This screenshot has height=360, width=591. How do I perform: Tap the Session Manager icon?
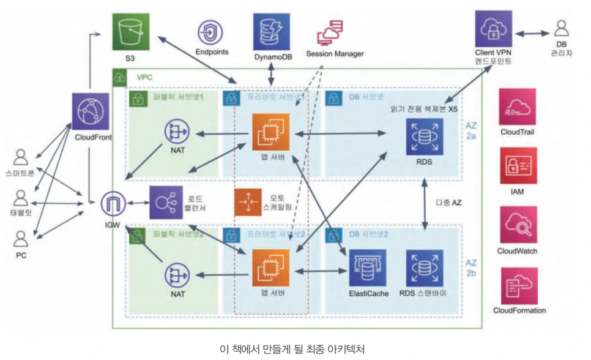point(331,31)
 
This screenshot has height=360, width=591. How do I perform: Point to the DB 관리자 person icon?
point(561,28)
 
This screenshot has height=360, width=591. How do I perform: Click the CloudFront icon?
point(91,111)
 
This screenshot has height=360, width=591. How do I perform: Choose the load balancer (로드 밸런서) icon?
point(166,202)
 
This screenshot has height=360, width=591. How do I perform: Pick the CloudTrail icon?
point(518,107)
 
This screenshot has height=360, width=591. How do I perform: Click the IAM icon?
point(518,166)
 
